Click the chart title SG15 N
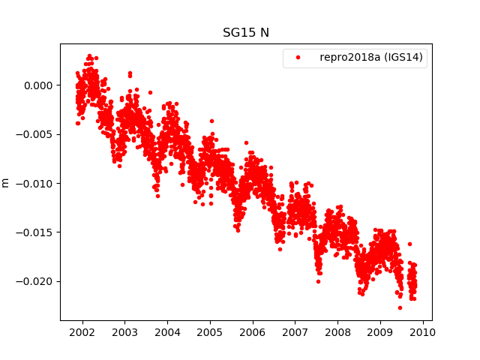246,33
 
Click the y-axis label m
6,182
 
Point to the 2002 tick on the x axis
82,332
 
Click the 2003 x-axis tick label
124,332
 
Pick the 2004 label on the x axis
167,332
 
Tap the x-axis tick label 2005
210,332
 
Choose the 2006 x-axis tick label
253,332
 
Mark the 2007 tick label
295,332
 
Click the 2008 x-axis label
338,332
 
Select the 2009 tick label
380,332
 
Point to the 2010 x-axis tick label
423,332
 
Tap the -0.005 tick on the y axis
37,134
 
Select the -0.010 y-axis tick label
37,184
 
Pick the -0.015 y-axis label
37,232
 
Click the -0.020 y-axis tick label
37,281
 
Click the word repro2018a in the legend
351,58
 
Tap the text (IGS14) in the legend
403,58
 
